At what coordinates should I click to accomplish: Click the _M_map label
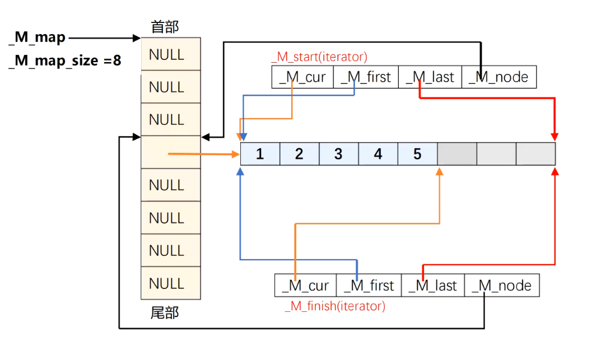[37, 38]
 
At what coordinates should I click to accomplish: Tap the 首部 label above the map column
[165, 26]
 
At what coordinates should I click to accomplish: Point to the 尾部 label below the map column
[165, 312]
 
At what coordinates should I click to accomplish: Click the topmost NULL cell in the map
[170, 54]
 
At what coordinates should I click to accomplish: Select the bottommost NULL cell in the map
[170, 283]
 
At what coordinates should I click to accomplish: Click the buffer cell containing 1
[260, 154]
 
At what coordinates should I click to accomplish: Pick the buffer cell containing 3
[338, 154]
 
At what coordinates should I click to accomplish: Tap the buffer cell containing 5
[417, 154]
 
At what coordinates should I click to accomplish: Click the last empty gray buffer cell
[535, 154]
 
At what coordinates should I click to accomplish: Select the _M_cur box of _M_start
[302, 77]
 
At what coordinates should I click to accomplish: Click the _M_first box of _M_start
[366, 77]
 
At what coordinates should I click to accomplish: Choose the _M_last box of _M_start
[430, 77]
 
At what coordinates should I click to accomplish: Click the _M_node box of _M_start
[498, 77]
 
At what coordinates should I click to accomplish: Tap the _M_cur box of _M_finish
[305, 286]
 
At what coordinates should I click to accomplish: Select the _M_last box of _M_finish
[433, 286]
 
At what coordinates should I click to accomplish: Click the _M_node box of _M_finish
[502, 286]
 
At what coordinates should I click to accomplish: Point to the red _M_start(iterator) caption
[319, 57]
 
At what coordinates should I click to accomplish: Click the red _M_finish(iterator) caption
[335, 306]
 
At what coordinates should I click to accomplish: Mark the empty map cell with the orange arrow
[170, 152]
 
